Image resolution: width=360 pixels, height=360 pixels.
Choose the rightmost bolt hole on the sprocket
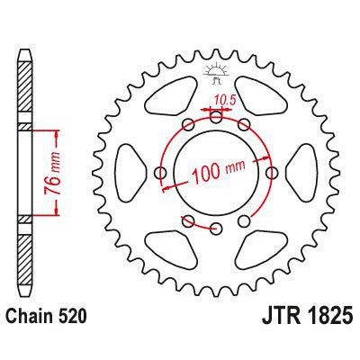click(x=272, y=171)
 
